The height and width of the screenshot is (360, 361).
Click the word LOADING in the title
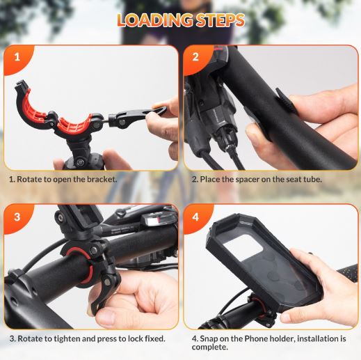155,20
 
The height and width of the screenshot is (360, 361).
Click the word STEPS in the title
220,20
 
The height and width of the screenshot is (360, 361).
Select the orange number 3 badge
18,218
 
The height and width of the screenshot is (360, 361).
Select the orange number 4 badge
197,218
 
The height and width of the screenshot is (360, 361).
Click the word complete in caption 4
209,347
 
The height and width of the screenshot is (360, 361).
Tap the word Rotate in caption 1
29,179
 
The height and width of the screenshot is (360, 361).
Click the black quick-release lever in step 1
137,116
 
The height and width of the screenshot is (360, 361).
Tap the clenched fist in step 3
134,299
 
